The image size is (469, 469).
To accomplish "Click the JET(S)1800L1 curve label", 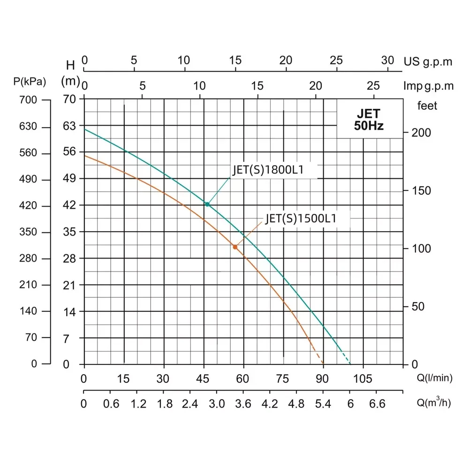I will click(269, 170).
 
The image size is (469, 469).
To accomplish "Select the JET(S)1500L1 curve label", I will click(301, 219).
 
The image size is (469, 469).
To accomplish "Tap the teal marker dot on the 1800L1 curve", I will click(207, 204).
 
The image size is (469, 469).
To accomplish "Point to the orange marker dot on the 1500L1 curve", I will click(235, 247).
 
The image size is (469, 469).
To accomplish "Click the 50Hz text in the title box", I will click(369, 126).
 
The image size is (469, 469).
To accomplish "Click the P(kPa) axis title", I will click(30, 81).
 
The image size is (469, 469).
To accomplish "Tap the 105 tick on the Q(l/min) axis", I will click(363, 379).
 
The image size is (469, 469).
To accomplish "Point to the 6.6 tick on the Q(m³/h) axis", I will click(378, 404).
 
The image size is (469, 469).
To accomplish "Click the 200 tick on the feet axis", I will click(421, 133).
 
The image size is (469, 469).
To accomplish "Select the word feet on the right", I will click(427, 106).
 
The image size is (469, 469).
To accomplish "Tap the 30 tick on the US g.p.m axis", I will click(387, 61).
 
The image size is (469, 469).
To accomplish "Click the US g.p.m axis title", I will click(428, 61).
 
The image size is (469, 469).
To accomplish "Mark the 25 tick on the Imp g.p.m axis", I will click(373, 86).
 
